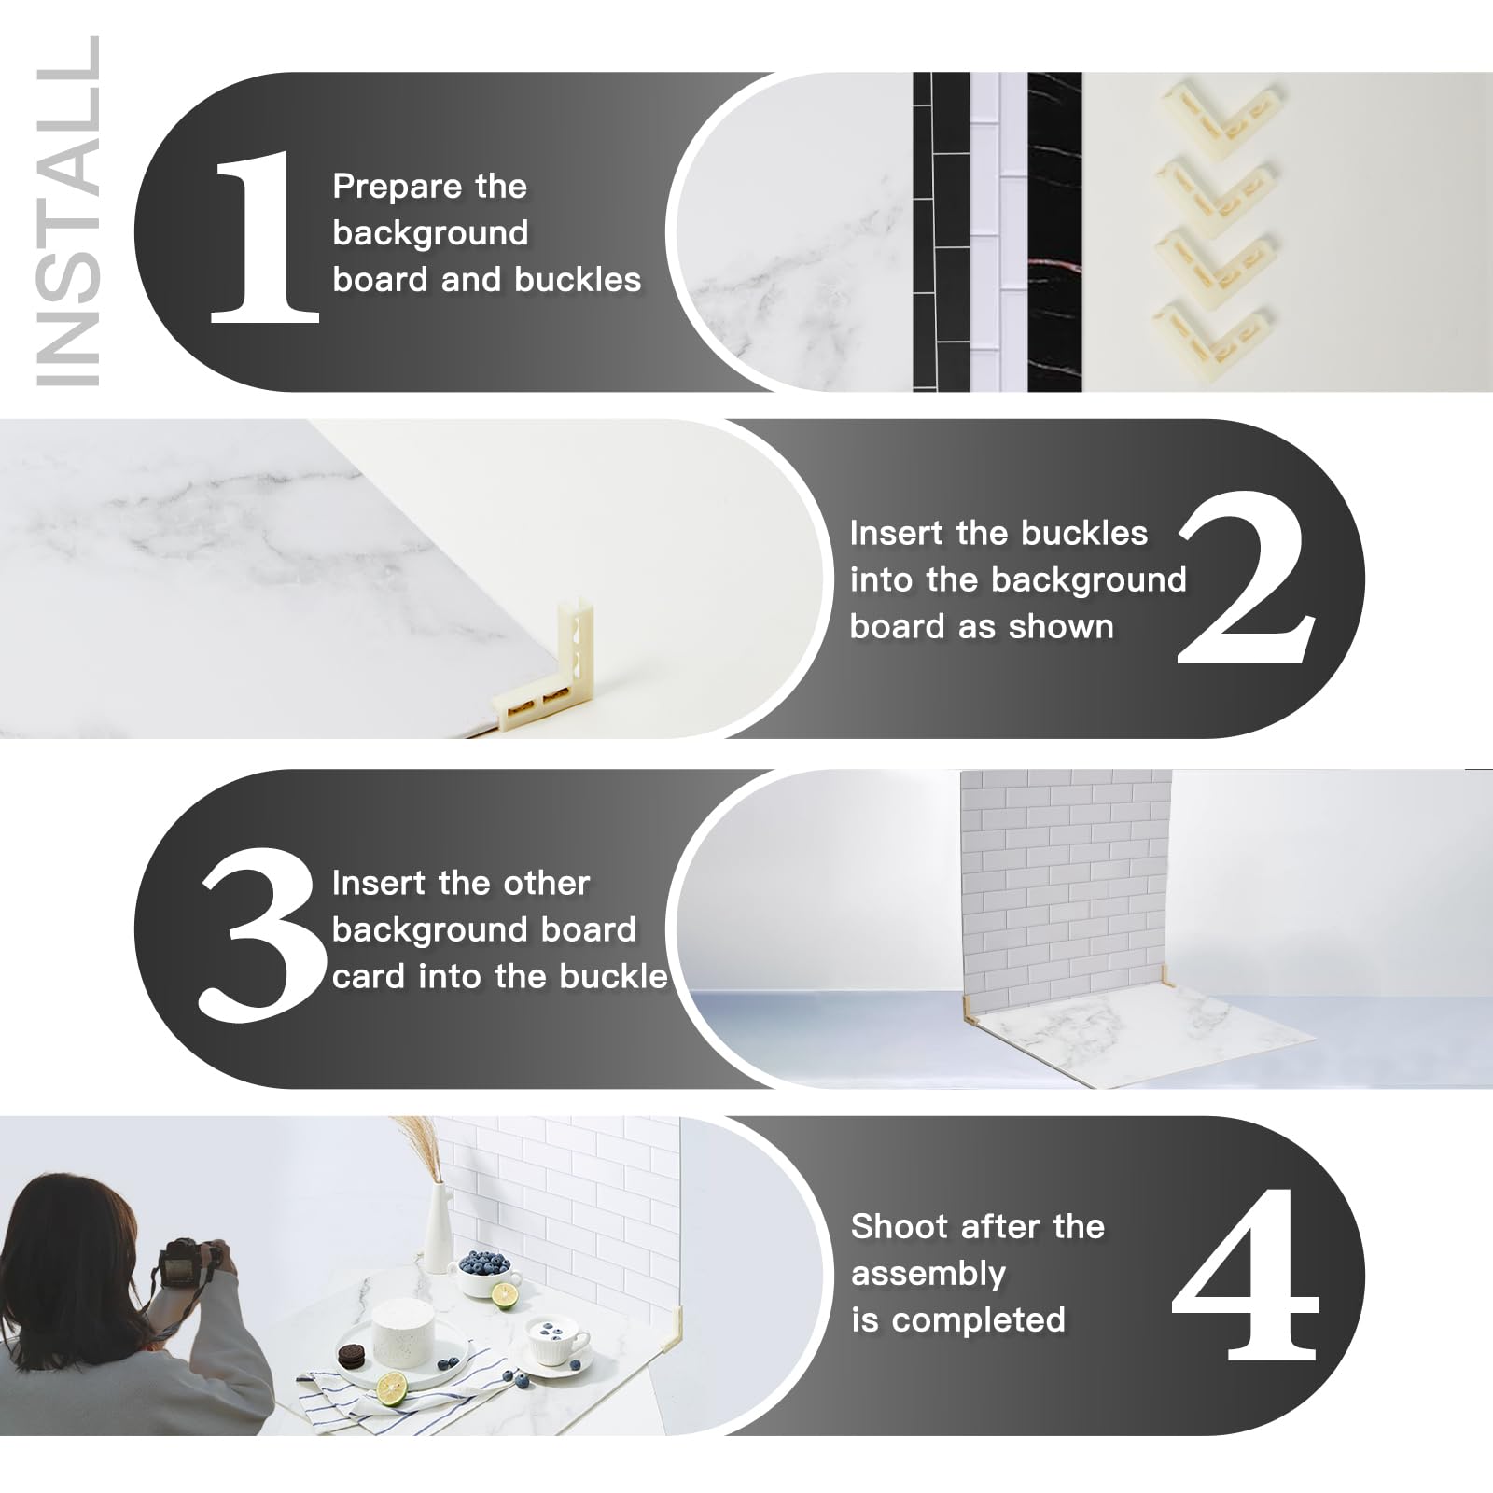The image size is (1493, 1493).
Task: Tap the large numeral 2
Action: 1246,579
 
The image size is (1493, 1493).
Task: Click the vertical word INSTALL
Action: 67,210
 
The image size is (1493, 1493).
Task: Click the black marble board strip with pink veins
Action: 1054,233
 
